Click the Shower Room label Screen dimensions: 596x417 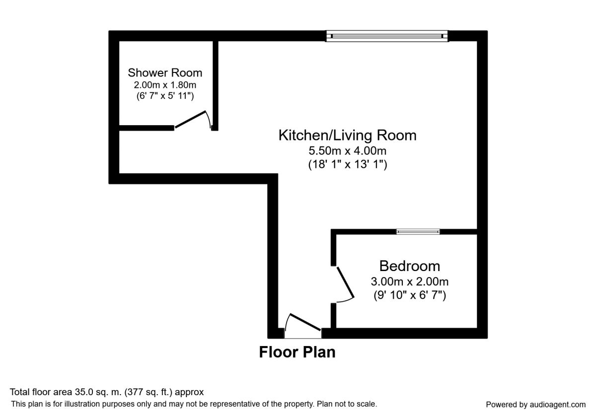point(165,72)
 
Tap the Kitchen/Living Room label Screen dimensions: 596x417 point(348,135)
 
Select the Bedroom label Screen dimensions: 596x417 point(410,266)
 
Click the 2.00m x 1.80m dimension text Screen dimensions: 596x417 point(165,85)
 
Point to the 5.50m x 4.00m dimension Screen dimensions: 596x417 point(348,151)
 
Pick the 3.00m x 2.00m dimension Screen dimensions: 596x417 point(410,281)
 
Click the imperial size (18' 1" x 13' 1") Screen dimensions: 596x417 point(348,164)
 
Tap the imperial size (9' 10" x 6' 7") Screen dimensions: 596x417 point(410,295)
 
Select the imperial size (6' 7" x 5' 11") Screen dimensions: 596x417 point(165,96)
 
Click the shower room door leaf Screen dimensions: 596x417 point(190,120)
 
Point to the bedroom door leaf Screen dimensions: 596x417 point(345,282)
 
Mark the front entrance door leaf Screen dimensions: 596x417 point(305,322)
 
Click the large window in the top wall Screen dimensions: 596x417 point(387,36)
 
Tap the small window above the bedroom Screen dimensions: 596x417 point(418,232)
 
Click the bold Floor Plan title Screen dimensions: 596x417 point(297,352)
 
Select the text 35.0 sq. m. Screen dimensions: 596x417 point(98,392)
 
